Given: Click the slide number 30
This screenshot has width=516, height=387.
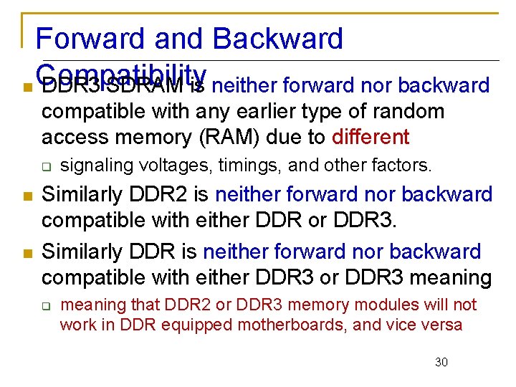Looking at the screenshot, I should [441, 362].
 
